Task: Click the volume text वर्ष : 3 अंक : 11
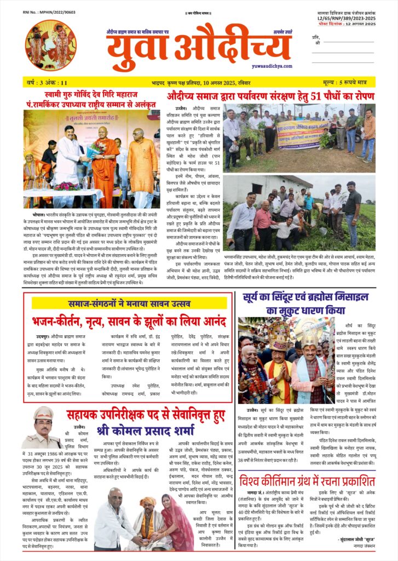pyautogui.click(x=47, y=82)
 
